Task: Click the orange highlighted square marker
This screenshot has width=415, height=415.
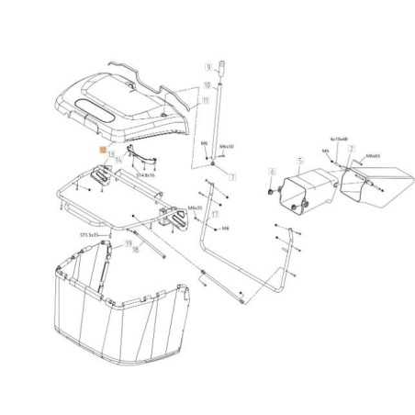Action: [103, 151]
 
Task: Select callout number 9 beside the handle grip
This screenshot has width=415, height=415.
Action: [208, 67]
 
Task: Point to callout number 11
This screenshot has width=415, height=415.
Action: [206, 99]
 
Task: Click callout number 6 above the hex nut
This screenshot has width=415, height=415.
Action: [272, 172]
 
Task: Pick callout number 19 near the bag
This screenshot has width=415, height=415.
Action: [127, 243]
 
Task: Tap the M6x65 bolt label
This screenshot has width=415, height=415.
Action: [373, 156]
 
